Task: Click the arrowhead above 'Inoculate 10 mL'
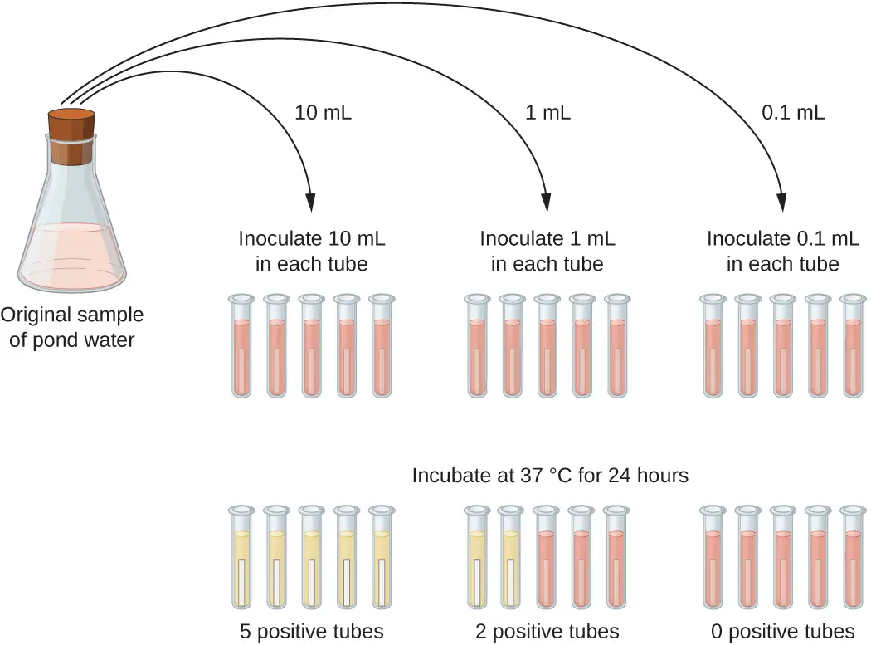tap(311, 202)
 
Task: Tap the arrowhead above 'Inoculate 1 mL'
tap(547, 202)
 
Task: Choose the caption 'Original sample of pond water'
tap(72, 327)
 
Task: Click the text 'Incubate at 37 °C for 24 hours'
tap(551, 476)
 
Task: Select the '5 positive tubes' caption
tap(309, 630)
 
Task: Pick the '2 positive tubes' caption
tap(547, 630)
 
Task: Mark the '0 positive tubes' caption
tap(783, 630)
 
